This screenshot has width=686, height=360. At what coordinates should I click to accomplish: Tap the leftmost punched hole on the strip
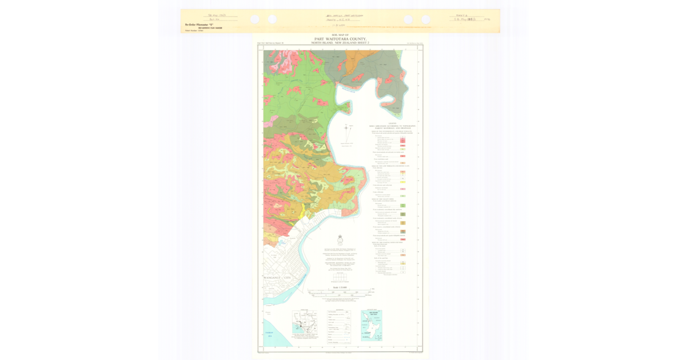(254, 19)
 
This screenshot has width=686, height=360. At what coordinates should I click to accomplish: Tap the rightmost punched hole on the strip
(426, 19)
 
